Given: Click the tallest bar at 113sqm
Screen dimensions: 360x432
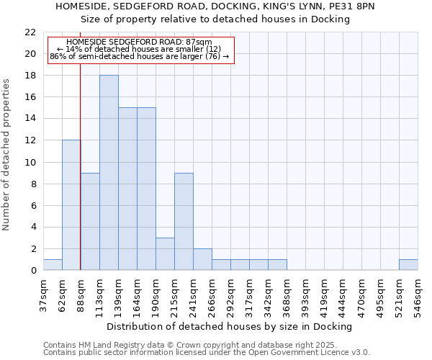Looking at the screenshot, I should pos(109,173).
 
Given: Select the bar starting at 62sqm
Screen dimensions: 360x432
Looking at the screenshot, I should pos(71,205).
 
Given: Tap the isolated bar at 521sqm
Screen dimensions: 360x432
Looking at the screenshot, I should pos(408,264).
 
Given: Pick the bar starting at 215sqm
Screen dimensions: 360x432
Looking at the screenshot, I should pos(184,221).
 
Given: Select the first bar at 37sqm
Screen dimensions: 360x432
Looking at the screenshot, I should pos(53,264).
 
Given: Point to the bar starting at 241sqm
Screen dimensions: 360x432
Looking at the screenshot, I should pos(202,259).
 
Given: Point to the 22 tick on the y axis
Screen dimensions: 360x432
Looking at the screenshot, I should pos(30,32).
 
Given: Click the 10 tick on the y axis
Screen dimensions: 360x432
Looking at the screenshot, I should pos(30,162).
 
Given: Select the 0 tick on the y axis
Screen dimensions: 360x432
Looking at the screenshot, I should pos(33,270).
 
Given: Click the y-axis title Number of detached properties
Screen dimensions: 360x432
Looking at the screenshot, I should pos(7,155).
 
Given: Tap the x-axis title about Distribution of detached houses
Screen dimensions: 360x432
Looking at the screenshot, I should pos(235,326).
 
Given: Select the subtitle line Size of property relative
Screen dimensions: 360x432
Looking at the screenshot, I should pos(215,19).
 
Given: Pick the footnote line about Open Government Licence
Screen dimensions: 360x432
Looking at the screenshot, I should pos(207,353).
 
